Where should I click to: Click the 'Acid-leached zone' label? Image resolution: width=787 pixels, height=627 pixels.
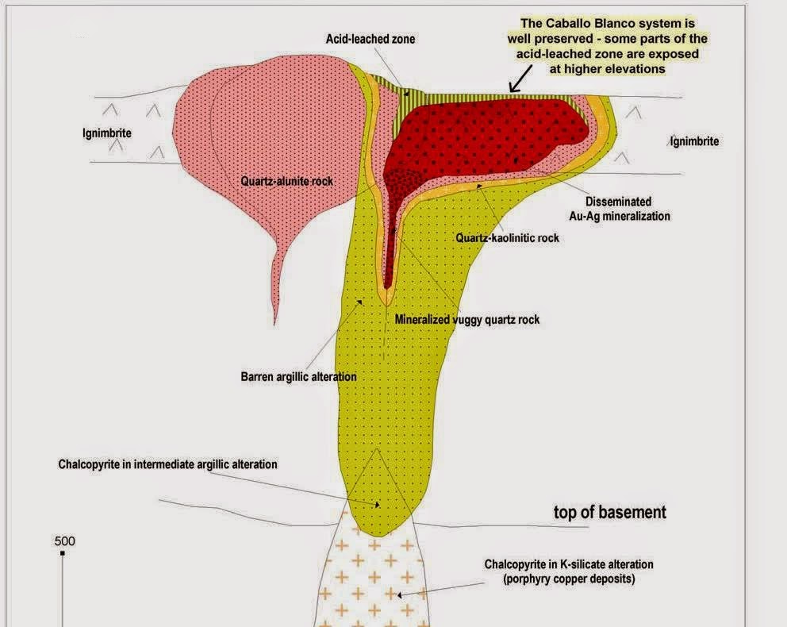point(370,39)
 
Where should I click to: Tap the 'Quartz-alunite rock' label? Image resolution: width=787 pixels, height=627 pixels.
point(286,181)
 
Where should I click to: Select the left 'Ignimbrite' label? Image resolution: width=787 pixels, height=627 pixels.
point(107,133)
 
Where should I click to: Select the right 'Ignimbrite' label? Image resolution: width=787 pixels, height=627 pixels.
point(694,141)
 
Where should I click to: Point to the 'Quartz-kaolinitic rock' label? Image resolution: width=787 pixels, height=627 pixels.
point(507,237)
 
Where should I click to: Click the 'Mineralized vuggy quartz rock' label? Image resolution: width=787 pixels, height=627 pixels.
point(467,319)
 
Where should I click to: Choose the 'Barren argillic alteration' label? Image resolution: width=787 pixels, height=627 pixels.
point(298,376)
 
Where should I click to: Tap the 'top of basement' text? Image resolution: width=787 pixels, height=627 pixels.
point(609,512)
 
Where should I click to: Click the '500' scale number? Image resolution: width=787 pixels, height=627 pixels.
point(64,541)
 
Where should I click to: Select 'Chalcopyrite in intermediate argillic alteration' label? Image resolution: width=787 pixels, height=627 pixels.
point(167,464)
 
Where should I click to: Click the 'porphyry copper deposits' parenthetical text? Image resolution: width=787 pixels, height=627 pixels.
point(569,579)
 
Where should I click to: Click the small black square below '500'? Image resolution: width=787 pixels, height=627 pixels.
point(62,553)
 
